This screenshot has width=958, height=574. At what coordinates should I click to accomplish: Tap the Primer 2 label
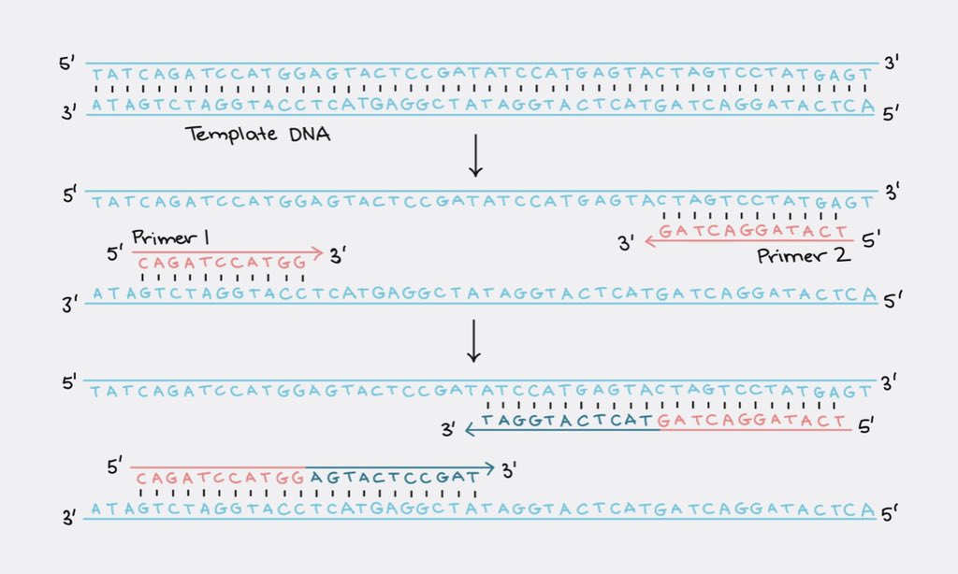[805, 255]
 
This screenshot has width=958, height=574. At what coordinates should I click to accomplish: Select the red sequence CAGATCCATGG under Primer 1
[222, 265]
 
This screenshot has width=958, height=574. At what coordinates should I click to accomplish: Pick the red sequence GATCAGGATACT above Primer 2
[754, 231]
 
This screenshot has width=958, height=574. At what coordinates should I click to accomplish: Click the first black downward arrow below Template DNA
[475, 156]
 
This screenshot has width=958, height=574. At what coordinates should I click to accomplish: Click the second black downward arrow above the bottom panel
[474, 341]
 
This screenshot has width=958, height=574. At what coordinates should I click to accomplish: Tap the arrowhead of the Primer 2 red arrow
[648, 242]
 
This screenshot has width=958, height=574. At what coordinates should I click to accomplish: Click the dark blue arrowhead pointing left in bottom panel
[471, 431]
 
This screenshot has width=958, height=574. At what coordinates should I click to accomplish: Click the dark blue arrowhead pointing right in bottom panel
[490, 466]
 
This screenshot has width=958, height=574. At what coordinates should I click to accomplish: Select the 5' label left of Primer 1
[115, 252]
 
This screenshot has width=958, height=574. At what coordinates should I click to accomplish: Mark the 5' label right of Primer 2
[871, 241]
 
